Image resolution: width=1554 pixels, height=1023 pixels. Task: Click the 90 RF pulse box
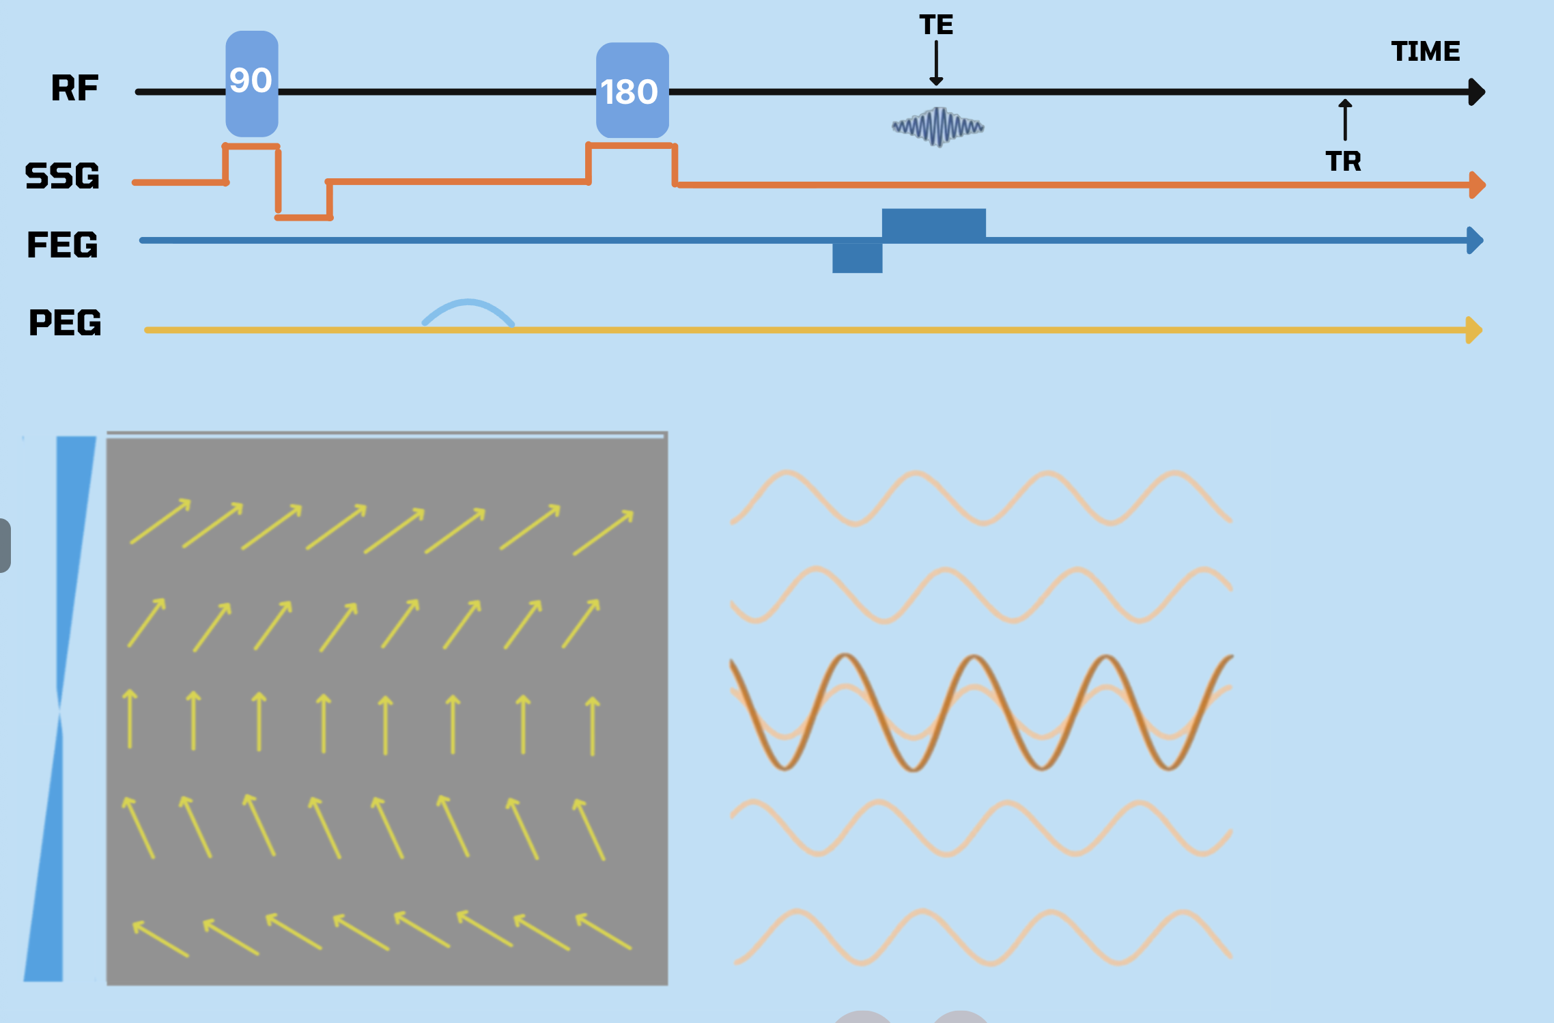tap(252, 83)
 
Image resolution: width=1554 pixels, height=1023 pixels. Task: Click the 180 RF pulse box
tap(632, 91)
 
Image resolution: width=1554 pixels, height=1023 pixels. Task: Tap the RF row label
tap(75, 88)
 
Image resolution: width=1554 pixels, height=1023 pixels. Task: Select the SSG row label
tap(62, 176)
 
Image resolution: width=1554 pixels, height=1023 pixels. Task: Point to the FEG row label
tap(62, 244)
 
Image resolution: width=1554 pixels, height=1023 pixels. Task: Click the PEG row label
tap(65, 322)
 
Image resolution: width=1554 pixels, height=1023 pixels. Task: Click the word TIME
tap(1426, 51)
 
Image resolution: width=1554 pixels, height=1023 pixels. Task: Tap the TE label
tap(936, 25)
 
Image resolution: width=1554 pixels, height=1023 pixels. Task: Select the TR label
tap(1343, 162)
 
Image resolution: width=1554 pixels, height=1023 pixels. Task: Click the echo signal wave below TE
tap(938, 126)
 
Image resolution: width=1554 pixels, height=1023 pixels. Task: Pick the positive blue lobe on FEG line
tap(933, 223)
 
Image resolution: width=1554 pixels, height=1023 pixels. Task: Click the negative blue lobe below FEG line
tap(857, 258)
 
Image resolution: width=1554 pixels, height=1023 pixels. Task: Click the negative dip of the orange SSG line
tap(304, 216)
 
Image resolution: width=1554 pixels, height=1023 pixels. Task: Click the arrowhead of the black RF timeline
tap(1476, 92)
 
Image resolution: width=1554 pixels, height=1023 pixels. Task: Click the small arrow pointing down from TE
tap(936, 63)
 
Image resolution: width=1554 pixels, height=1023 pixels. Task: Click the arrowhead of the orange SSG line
tap(1476, 185)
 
